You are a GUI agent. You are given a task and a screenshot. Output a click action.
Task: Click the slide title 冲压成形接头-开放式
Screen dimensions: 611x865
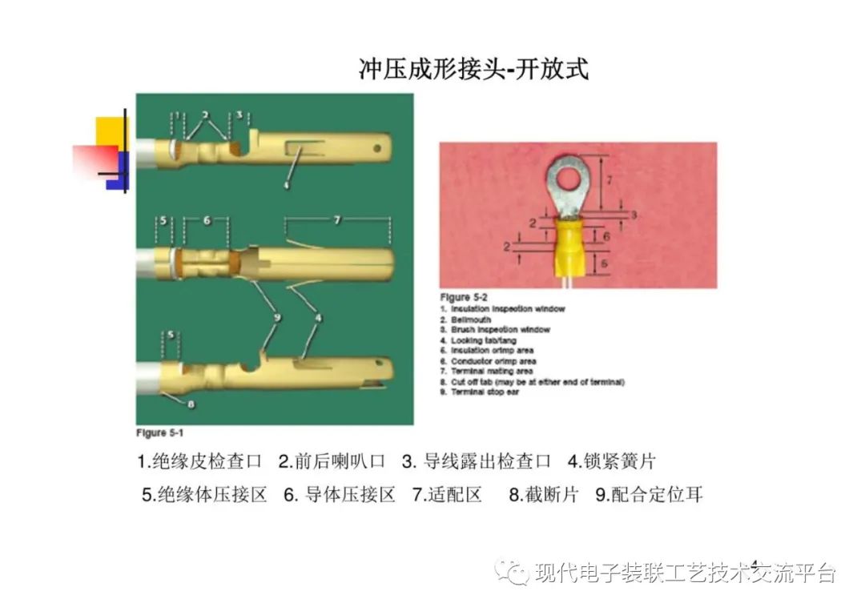[x=473, y=70]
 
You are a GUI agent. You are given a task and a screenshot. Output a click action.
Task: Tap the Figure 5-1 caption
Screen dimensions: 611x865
[x=160, y=433]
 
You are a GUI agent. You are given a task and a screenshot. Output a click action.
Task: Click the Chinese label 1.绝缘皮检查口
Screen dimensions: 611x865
[x=200, y=462]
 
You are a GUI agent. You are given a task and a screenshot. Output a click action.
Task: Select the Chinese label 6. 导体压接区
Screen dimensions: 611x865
[x=340, y=495]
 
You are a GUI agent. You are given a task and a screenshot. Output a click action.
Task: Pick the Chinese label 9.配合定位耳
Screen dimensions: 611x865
[x=649, y=495]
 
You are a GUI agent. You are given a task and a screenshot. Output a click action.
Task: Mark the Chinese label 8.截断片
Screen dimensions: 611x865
[x=543, y=495]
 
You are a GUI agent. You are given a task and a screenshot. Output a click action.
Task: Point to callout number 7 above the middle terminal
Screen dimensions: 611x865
[x=337, y=219]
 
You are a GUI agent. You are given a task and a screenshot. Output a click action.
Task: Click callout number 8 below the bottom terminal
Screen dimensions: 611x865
[x=191, y=404]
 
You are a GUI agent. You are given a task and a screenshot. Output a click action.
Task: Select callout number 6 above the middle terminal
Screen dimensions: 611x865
[x=206, y=219]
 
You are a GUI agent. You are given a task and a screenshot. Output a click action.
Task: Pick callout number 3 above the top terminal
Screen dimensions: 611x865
[x=239, y=115]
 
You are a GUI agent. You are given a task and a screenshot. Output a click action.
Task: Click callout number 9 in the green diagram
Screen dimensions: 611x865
[x=276, y=319]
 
